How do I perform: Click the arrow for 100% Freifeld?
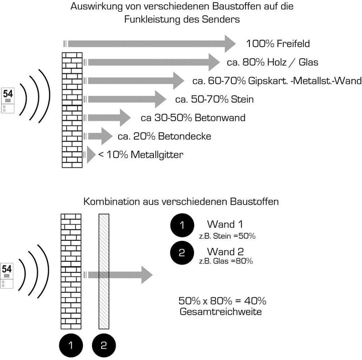pyautogui.click(x=149, y=44)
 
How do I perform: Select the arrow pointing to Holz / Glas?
pyautogui.click(x=151, y=62)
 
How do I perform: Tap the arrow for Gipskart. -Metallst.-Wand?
pyautogui.click(x=134, y=80)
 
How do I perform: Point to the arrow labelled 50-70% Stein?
pyautogui.click(x=125, y=99)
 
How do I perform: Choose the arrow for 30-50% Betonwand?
pyautogui.click(x=107, y=118)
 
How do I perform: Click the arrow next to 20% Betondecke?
pyautogui.click(x=98, y=136)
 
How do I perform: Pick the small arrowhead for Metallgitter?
pyautogui.click(x=91, y=154)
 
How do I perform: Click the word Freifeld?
pyautogui.click(x=293, y=44)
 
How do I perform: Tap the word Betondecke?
pyautogui.click(x=185, y=136)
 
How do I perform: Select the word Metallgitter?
pyautogui.click(x=157, y=155)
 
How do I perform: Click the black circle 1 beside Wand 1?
pyautogui.click(x=182, y=225)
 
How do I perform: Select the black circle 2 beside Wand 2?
pyautogui.click(x=182, y=253)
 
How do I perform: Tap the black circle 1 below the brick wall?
pyautogui.click(x=71, y=345)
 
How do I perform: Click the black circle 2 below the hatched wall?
pyautogui.click(x=104, y=345)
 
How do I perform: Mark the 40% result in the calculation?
pyautogui.click(x=255, y=301)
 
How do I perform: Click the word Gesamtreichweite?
pyautogui.click(x=221, y=312)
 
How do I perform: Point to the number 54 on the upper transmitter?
pyautogui.click(x=8, y=94)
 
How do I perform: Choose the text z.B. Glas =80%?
pyautogui.click(x=226, y=261)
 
